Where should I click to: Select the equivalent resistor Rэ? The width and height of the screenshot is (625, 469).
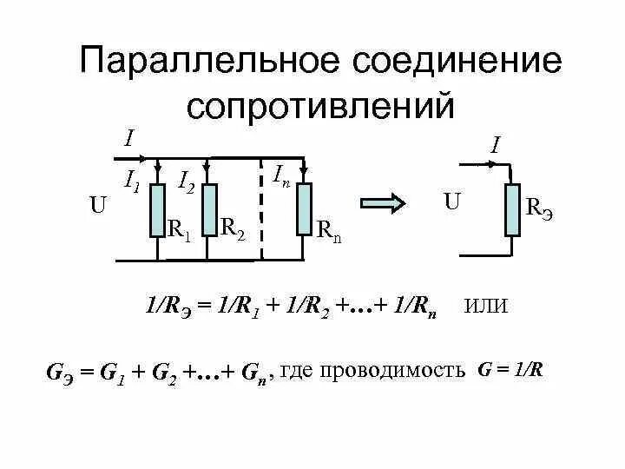pyautogui.click(x=512, y=209)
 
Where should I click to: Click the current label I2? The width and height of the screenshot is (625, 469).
pyautogui.click(x=186, y=182)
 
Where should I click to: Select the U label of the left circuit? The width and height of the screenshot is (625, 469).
pyautogui.click(x=97, y=206)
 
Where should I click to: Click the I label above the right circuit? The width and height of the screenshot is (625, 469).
pyautogui.click(x=494, y=145)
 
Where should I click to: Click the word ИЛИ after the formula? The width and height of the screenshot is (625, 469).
pyautogui.click(x=487, y=306)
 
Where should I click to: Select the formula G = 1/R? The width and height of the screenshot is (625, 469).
pyautogui.click(x=511, y=369)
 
